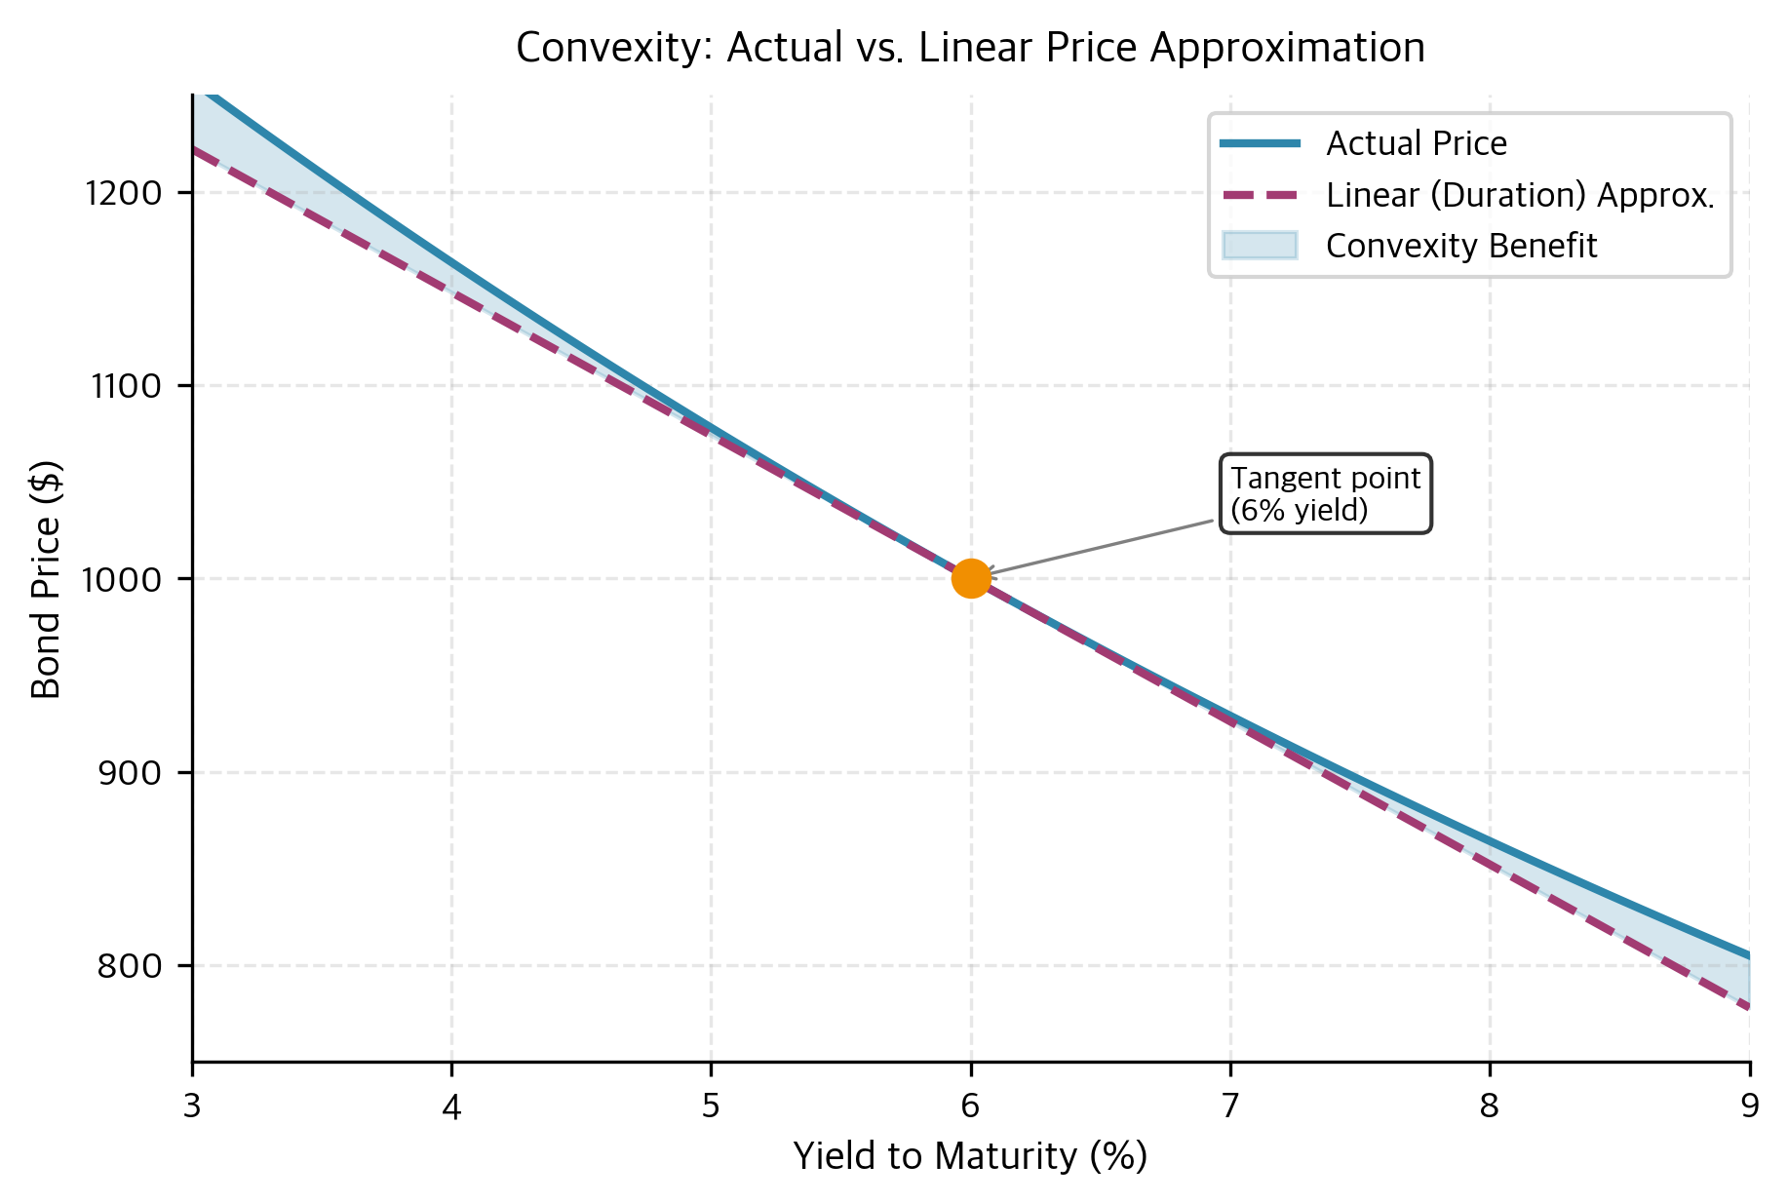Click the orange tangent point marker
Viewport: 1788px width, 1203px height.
click(x=971, y=578)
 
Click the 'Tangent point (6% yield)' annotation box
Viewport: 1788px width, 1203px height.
click(x=1325, y=493)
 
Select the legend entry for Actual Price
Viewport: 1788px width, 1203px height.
click(x=1416, y=144)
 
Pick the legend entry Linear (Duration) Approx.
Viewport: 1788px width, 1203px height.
click(x=1519, y=195)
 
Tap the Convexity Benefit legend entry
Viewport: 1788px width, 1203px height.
click(x=1460, y=246)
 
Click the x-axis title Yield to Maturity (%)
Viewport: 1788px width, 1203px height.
click(x=970, y=1156)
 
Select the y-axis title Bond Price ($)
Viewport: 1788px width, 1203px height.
click(x=47, y=579)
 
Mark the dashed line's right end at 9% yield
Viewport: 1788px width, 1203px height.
click(x=1748, y=1007)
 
